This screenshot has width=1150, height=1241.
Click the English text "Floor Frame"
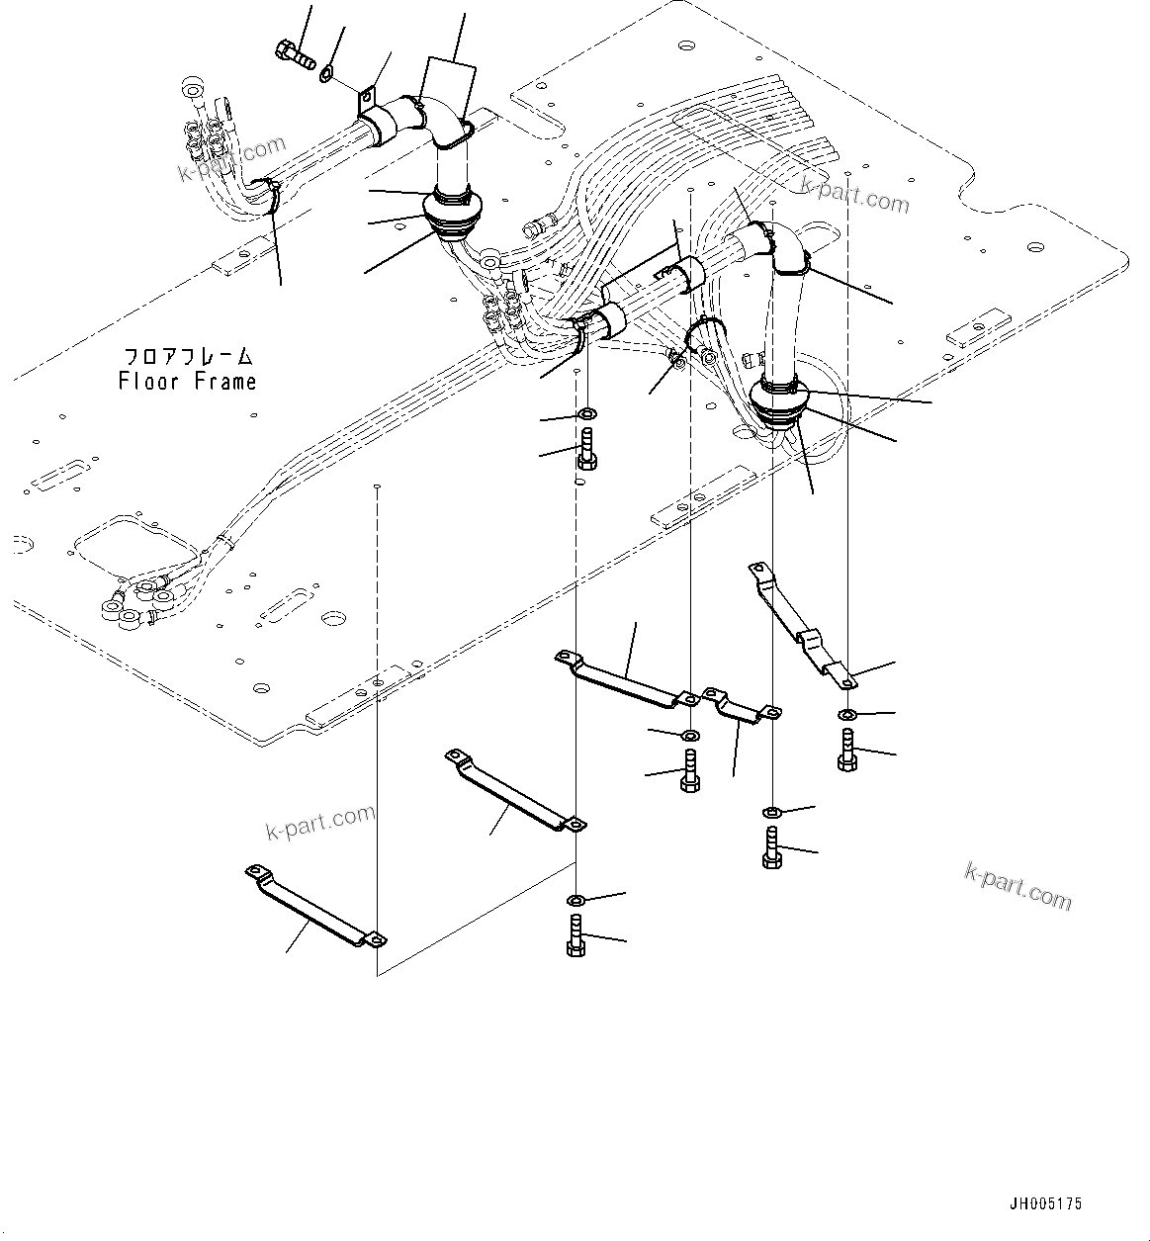point(187,382)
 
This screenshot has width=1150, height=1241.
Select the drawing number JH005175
point(1045,1204)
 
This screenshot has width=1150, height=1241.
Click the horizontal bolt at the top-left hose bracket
point(295,51)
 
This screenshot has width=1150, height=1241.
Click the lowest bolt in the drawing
point(576,935)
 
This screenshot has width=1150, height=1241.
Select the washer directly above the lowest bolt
point(576,900)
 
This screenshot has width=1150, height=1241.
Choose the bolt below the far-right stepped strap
point(846,749)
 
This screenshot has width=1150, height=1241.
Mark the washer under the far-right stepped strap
point(847,715)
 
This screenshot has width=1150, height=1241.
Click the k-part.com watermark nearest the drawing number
point(1017,885)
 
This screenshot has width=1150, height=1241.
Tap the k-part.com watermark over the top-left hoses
point(217,161)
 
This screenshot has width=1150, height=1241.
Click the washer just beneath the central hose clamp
point(586,412)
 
